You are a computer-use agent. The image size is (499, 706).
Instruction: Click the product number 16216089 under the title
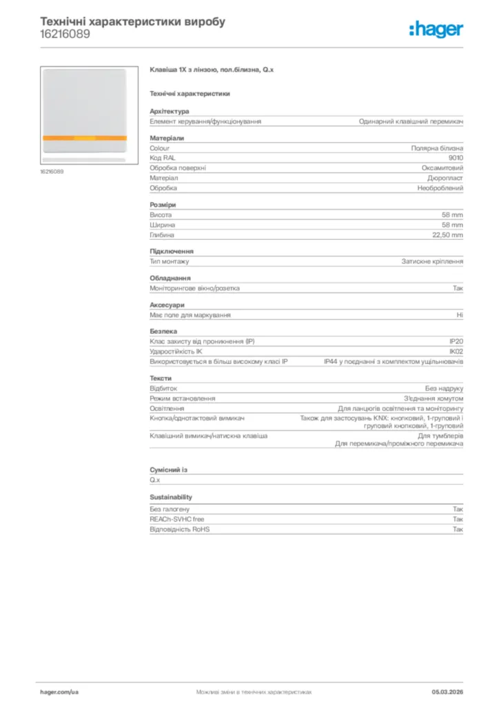[x=64, y=34]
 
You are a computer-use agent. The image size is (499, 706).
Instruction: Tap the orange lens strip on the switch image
[x=84, y=138]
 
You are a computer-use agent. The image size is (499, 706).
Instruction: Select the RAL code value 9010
[x=456, y=158]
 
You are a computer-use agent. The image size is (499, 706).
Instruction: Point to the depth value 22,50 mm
[x=447, y=235]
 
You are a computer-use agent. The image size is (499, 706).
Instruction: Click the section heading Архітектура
[x=170, y=111]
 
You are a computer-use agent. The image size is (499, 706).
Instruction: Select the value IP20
[x=456, y=341]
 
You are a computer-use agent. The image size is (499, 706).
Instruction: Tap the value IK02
[x=456, y=352]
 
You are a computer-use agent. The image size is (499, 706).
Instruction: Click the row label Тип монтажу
[x=170, y=262]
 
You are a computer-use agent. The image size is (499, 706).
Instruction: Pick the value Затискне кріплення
[x=433, y=262]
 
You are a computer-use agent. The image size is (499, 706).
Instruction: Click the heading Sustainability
[x=171, y=497]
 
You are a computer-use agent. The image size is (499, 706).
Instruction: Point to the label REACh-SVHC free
[x=177, y=519]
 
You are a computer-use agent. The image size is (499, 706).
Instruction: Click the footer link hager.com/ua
[x=59, y=691]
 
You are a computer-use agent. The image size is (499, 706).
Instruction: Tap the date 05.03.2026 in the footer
[x=447, y=691]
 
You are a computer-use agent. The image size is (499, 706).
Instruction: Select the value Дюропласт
[x=445, y=178]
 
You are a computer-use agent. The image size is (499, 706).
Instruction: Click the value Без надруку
[x=444, y=389]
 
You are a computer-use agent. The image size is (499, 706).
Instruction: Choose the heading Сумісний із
[x=168, y=470]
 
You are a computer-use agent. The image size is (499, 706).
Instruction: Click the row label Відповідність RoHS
[x=180, y=529]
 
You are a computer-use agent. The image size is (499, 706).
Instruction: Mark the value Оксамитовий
[x=442, y=168]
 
